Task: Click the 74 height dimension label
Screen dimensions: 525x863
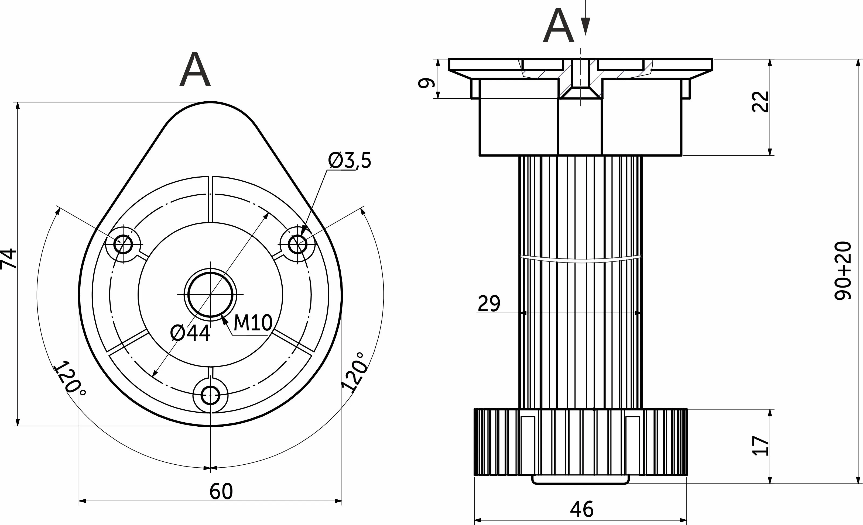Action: [x=8, y=259]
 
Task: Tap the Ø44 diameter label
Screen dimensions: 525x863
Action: [x=190, y=333]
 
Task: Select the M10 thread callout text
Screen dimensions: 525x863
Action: [x=252, y=323]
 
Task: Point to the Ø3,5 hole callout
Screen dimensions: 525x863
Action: [x=350, y=161]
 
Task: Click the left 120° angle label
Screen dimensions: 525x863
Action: [x=70, y=379]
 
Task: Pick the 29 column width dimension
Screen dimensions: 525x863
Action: [x=489, y=303]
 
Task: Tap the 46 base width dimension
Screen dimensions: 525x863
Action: [x=582, y=509]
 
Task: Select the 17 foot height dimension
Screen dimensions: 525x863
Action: [x=761, y=445]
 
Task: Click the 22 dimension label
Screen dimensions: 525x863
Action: [x=761, y=102]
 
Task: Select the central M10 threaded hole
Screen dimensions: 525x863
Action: [x=210, y=295]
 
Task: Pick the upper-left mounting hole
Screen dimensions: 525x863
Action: [x=123, y=244]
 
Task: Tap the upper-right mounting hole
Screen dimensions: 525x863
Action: [x=297, y=244]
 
